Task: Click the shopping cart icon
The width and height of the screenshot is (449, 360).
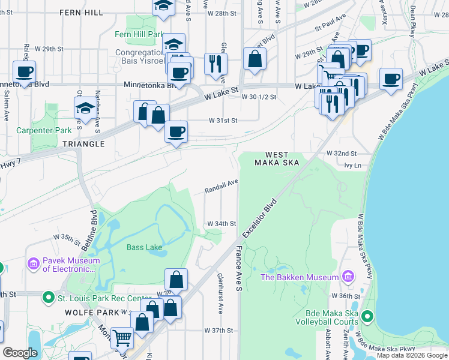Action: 122,338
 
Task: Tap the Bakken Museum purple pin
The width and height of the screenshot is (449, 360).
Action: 347,277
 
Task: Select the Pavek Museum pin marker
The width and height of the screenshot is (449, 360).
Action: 33,263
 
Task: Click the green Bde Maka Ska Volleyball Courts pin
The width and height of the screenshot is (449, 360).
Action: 367,316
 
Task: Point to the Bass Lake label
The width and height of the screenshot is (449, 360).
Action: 144,247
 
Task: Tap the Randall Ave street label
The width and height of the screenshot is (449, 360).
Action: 221,187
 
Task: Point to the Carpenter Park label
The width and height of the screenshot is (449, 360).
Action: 40,130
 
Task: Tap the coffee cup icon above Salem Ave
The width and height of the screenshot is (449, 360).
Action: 24,72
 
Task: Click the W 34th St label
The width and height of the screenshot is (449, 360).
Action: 221,223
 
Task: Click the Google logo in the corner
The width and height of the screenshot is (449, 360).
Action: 20,353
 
